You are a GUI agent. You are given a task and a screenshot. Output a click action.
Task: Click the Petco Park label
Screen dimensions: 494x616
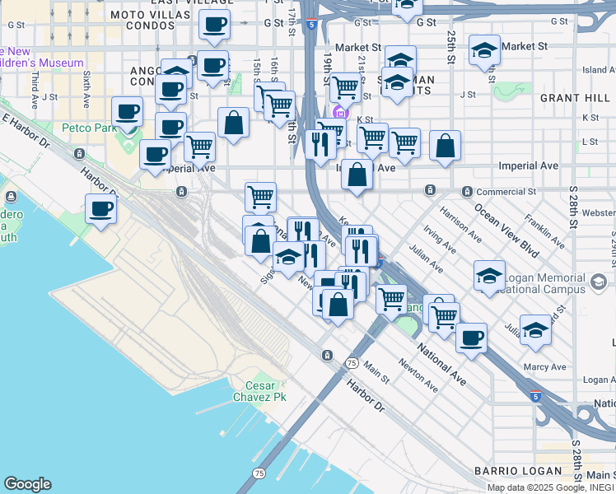coord(89,128)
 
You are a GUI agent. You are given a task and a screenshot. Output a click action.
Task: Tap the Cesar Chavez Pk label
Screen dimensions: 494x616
coord(266,391)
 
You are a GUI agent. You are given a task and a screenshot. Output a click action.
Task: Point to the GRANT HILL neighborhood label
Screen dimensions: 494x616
coord(574,98)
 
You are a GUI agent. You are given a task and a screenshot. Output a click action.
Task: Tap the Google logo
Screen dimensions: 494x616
coord(27,484)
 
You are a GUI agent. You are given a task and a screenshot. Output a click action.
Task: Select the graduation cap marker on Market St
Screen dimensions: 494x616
coord(485,49)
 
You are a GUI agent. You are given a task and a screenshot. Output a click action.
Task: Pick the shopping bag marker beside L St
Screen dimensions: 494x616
coord(445,146)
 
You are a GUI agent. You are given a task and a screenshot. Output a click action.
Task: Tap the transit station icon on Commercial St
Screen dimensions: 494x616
coord(430,190)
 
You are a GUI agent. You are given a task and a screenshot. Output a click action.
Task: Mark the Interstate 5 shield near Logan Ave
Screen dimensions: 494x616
coord(536,396)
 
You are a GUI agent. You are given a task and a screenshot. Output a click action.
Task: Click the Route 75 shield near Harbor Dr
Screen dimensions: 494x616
coord(352,363)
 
